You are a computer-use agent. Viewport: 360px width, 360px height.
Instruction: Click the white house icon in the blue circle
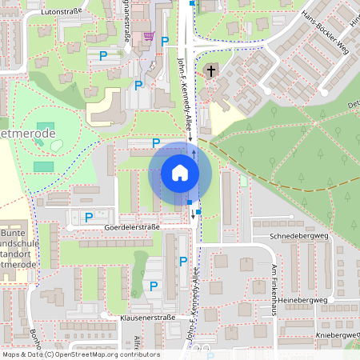coord(179,173)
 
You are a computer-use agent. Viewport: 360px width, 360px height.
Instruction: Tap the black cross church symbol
coord(211,71)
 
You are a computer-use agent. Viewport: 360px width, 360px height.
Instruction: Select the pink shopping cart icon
coord(149,36)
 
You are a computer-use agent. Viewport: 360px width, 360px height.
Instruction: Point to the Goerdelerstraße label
coord(132,227)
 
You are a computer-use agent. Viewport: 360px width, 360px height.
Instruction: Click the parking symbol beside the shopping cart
coord(165,41)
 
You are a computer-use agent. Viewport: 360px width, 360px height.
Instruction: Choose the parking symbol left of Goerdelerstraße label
coord(89,217)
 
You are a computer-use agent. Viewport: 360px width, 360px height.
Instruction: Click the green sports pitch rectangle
coord(44,166)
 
